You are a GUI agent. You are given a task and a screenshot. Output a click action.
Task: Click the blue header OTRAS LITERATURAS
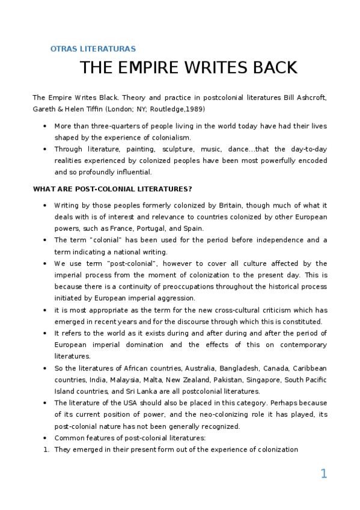tap(93, 49)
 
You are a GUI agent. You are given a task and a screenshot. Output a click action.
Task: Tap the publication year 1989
tap(194, 109)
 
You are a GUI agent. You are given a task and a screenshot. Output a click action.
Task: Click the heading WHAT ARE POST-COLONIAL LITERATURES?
tap(112, 189)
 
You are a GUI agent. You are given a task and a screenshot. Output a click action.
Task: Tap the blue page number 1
tap(323, 475)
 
